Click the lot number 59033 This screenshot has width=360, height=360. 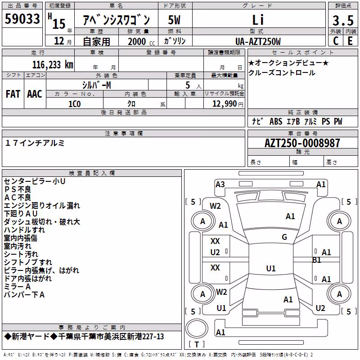(x=22, y=18)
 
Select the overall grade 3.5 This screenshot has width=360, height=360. (x=343, y=20)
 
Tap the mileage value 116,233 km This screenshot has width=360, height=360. (x=53, y=65)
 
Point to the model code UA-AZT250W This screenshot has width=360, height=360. (x=258, y=41)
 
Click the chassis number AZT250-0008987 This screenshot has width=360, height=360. (x=302, y=143)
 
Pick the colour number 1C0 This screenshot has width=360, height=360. (x=75, y=104)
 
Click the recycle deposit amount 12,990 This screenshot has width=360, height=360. (x=225, y=104)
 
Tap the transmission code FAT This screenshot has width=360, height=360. (x=13, y=94)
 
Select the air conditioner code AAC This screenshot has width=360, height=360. (x=35, y=94)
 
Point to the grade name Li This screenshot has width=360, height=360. (x=258, y=20)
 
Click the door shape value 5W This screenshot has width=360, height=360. (x=174, y=20)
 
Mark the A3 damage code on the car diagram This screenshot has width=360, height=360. (x=220, y=184)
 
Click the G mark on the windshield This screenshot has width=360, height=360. (x=284, y=237)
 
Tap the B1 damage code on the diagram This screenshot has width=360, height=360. (x=317, y=260)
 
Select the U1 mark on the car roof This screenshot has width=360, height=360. (x=271, y=268)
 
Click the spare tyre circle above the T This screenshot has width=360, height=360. (x=197, y=328)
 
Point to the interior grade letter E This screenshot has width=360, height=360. (x=350, y=41)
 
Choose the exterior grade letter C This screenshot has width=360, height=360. (x=336, y=41)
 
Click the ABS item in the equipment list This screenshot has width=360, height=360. (x=276, y=121)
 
